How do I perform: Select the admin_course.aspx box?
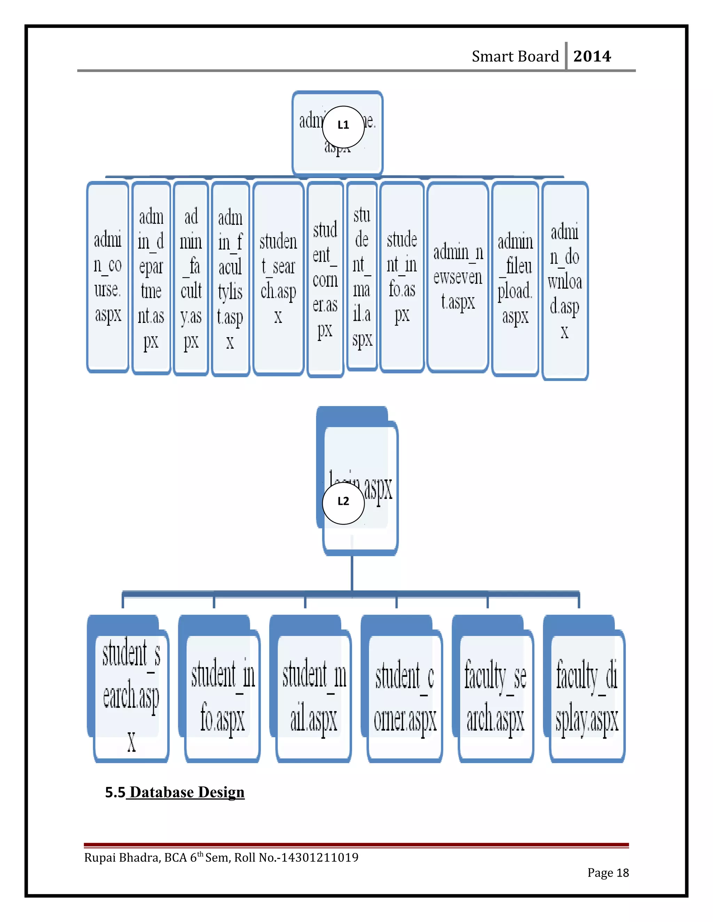(108, 277)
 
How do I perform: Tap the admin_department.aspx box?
(151, 279)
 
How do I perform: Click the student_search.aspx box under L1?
(278, 279)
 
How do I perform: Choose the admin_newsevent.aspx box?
(458, 277)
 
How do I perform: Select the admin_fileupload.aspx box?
(515, 279)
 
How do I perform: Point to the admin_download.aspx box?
(565, 281)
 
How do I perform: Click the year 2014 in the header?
(592, 56)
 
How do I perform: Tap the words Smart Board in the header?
(515, 56)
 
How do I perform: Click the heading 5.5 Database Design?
(175, 792)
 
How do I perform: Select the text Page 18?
(608, 873)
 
